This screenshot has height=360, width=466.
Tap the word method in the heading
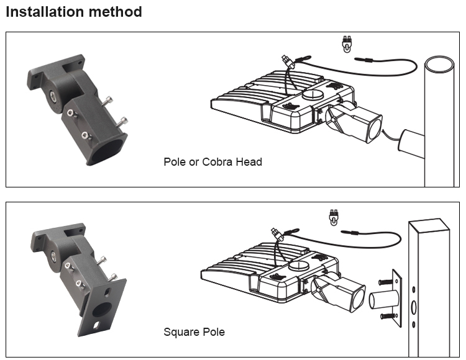click(115, 12)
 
